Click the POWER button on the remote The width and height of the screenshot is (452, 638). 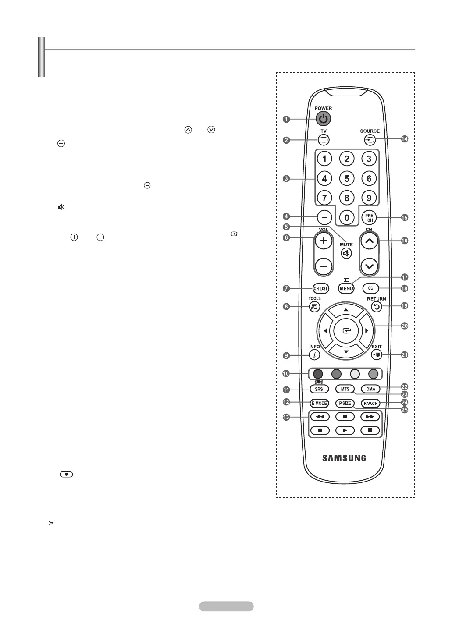323,119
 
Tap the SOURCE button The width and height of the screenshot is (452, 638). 370,140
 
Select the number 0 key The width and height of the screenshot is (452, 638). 347,217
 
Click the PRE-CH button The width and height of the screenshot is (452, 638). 369,217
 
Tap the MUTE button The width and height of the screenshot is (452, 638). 346,253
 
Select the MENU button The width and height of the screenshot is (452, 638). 346,288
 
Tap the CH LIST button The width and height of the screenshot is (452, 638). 320,288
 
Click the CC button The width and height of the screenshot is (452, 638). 370,288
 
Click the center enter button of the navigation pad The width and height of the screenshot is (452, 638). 346,331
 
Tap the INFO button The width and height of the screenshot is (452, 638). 314,355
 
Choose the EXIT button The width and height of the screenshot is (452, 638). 377,354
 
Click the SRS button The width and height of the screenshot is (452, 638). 319,389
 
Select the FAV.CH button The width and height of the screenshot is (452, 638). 370,403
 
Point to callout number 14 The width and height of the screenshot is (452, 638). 404,139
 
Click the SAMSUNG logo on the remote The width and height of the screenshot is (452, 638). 344,458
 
